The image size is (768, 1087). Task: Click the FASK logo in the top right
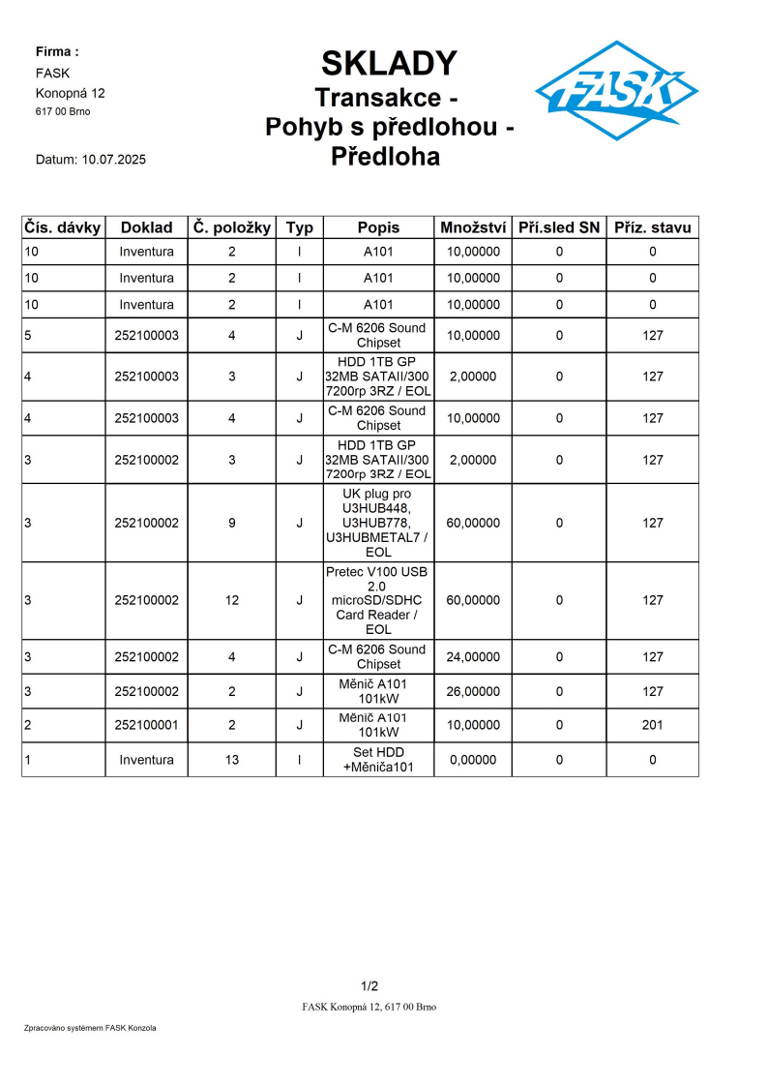tap(616, 91)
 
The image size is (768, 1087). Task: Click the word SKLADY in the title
tap(389, 64)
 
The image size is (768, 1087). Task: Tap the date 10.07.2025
tap(114, 160)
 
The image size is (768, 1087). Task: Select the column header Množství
tap(473, 227)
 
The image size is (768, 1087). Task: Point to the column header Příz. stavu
tap(653, 227)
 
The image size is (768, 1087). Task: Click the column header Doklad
tap(146, 227)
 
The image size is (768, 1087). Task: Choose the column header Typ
tap(300, 227)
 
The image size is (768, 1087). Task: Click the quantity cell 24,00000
tap(473, 657)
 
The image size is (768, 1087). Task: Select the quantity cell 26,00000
tap(473, 691)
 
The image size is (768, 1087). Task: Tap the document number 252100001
tap(146, 725)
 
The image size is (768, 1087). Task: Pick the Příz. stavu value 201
tap(653, 725)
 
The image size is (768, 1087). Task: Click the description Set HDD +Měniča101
tap(378, 760)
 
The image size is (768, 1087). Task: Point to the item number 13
tap(232, 760)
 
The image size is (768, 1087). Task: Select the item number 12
tap(232, 600)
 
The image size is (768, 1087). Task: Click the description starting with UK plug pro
tap(378, 523)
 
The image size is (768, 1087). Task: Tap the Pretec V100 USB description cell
tap(378, 600)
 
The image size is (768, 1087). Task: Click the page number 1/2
tap(369, 986)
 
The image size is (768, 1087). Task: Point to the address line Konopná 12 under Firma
tap(71, 93)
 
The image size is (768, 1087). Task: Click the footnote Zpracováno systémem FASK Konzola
tap(90, 1028)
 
